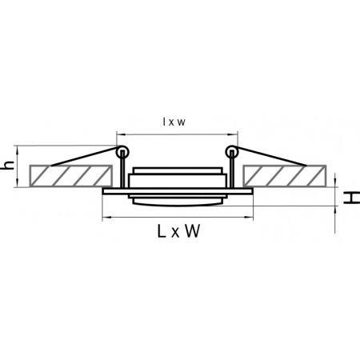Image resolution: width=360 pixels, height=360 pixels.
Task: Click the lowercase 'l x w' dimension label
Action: point(174,122)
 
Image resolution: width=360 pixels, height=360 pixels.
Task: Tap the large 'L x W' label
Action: point(178,231)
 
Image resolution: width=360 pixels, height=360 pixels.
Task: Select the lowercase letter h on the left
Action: point(9,166)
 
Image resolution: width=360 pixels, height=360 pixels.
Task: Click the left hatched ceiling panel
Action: point(70,176)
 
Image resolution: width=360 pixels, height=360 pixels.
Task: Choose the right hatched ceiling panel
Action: point(285,176)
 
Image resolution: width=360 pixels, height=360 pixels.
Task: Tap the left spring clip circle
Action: point(122,152)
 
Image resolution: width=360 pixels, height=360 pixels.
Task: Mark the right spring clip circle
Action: point(232,152)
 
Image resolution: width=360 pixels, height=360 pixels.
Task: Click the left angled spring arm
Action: point(85,156)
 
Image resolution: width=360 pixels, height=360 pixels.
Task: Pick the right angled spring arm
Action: point(270,156)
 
